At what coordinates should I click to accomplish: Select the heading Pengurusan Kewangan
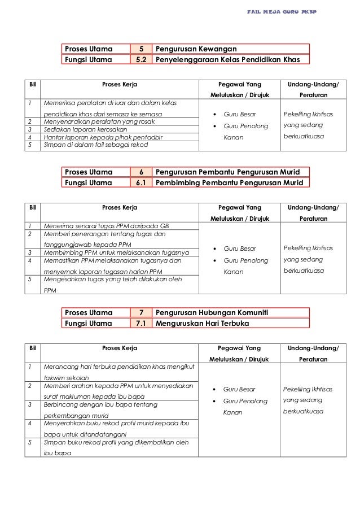(196, 49)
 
